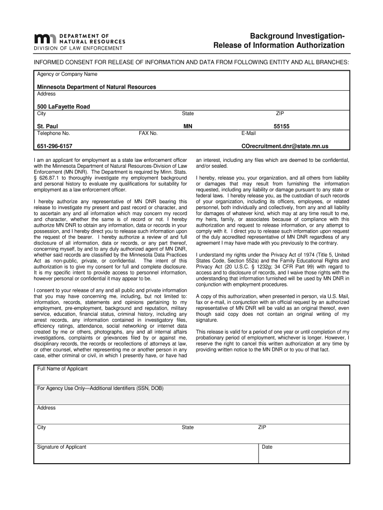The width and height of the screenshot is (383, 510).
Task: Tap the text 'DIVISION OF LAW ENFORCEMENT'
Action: [x=78, y=48]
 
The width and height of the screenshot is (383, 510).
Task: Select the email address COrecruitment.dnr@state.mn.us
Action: [x=285, y=146]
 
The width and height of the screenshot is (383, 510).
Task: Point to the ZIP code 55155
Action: [x=281, y=127]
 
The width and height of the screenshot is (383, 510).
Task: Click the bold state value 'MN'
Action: [x=188, y=127]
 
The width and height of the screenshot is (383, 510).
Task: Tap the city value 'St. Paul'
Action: [x=48, y=127]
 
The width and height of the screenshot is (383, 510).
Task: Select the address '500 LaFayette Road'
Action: [x=64, y=107]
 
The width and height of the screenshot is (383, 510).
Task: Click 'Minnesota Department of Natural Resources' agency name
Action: [x=96, y=87]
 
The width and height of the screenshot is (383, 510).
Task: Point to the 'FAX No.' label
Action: [x=148, y=133]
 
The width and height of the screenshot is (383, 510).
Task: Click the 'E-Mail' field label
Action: [x=248, y=133]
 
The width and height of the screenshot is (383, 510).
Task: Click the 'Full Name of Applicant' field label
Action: [x=62, y=369]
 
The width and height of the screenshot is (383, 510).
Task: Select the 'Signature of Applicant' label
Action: [x=62, y=447]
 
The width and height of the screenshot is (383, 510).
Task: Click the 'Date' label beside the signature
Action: [x=267, y=447]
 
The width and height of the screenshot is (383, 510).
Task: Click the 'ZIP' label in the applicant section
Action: [x=262, y=427]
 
